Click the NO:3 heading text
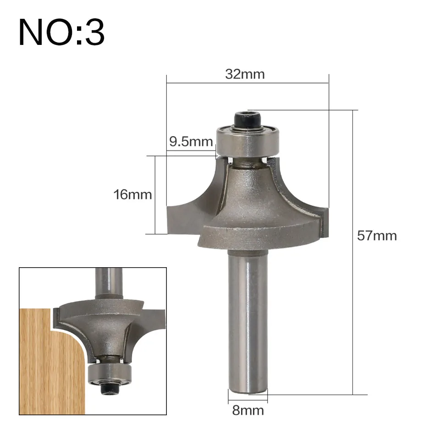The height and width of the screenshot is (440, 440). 61,32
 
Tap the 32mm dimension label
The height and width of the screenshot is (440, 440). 245,74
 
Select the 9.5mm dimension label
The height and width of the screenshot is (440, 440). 191,142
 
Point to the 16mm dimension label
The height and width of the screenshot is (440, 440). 132,195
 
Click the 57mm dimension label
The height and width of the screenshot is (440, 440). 377,236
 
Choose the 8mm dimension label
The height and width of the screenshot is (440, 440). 248,411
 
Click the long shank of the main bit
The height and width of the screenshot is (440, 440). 247,322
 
